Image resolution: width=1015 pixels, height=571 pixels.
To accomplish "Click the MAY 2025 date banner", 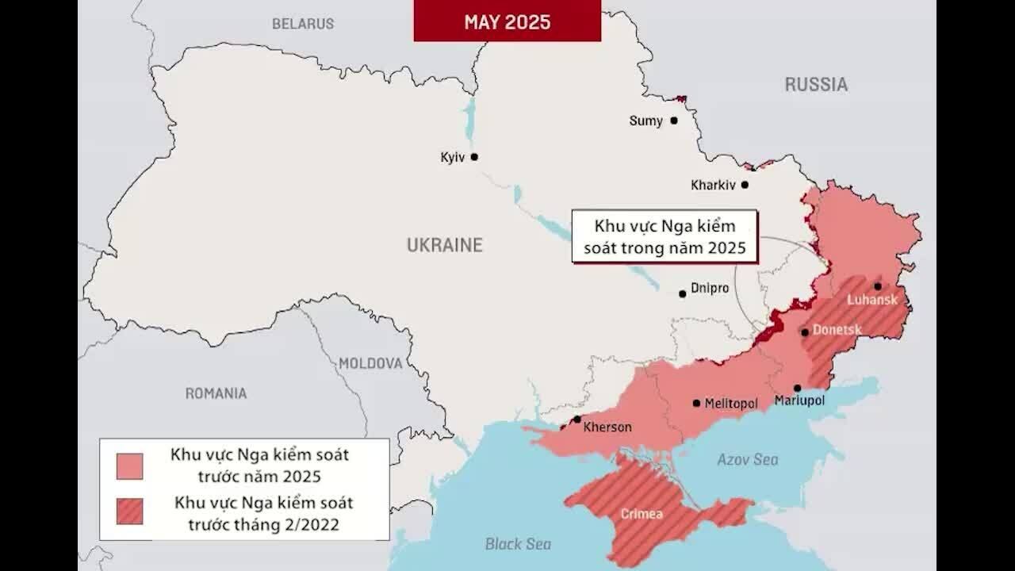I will point(507,21).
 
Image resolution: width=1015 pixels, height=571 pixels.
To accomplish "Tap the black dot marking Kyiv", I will point(474,157).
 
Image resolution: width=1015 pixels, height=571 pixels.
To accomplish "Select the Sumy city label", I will point(645,121).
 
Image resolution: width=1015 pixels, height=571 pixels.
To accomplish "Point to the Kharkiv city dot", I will point(745,185).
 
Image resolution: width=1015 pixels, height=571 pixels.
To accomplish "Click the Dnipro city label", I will point(709,289).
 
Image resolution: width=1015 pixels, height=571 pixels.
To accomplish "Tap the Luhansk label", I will point(872,300).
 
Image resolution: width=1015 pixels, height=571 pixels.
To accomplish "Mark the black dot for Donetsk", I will point(805,332).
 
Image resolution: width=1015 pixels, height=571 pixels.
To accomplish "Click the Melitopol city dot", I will point(696,403).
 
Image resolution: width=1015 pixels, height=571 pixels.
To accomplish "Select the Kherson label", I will point(607,427).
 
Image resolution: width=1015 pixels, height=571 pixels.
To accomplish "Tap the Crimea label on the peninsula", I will point(642,514).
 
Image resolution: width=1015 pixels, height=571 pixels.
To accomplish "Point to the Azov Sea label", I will point(748,459).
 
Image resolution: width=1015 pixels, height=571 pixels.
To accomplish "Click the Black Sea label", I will point(518,544).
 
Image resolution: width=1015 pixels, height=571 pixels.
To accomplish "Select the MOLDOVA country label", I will point(370,363).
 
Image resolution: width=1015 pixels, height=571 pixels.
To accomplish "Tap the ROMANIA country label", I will point(216,393).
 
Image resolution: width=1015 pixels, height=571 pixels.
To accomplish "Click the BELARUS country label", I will point(302,24).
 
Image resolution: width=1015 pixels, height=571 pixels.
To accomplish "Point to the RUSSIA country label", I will point(816,84).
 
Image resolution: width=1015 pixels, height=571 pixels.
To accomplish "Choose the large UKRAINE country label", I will point(444,245).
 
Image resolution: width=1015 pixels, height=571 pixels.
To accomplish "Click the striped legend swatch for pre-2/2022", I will point(129,512).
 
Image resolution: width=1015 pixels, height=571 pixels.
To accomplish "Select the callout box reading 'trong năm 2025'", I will point(665,236).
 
